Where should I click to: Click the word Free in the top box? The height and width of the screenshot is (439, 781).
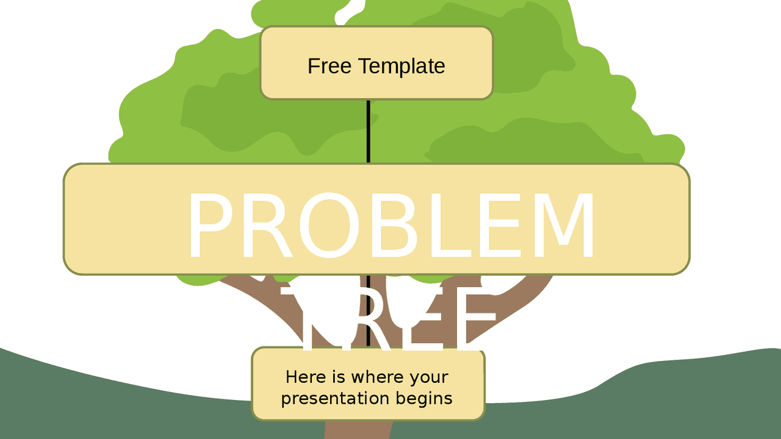tap(330, 66)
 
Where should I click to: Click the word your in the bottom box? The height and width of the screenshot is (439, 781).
tap(429, 377)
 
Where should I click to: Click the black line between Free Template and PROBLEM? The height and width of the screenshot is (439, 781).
tap(369, 131)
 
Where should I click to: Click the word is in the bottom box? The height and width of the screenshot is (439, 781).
tap(338, 377)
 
